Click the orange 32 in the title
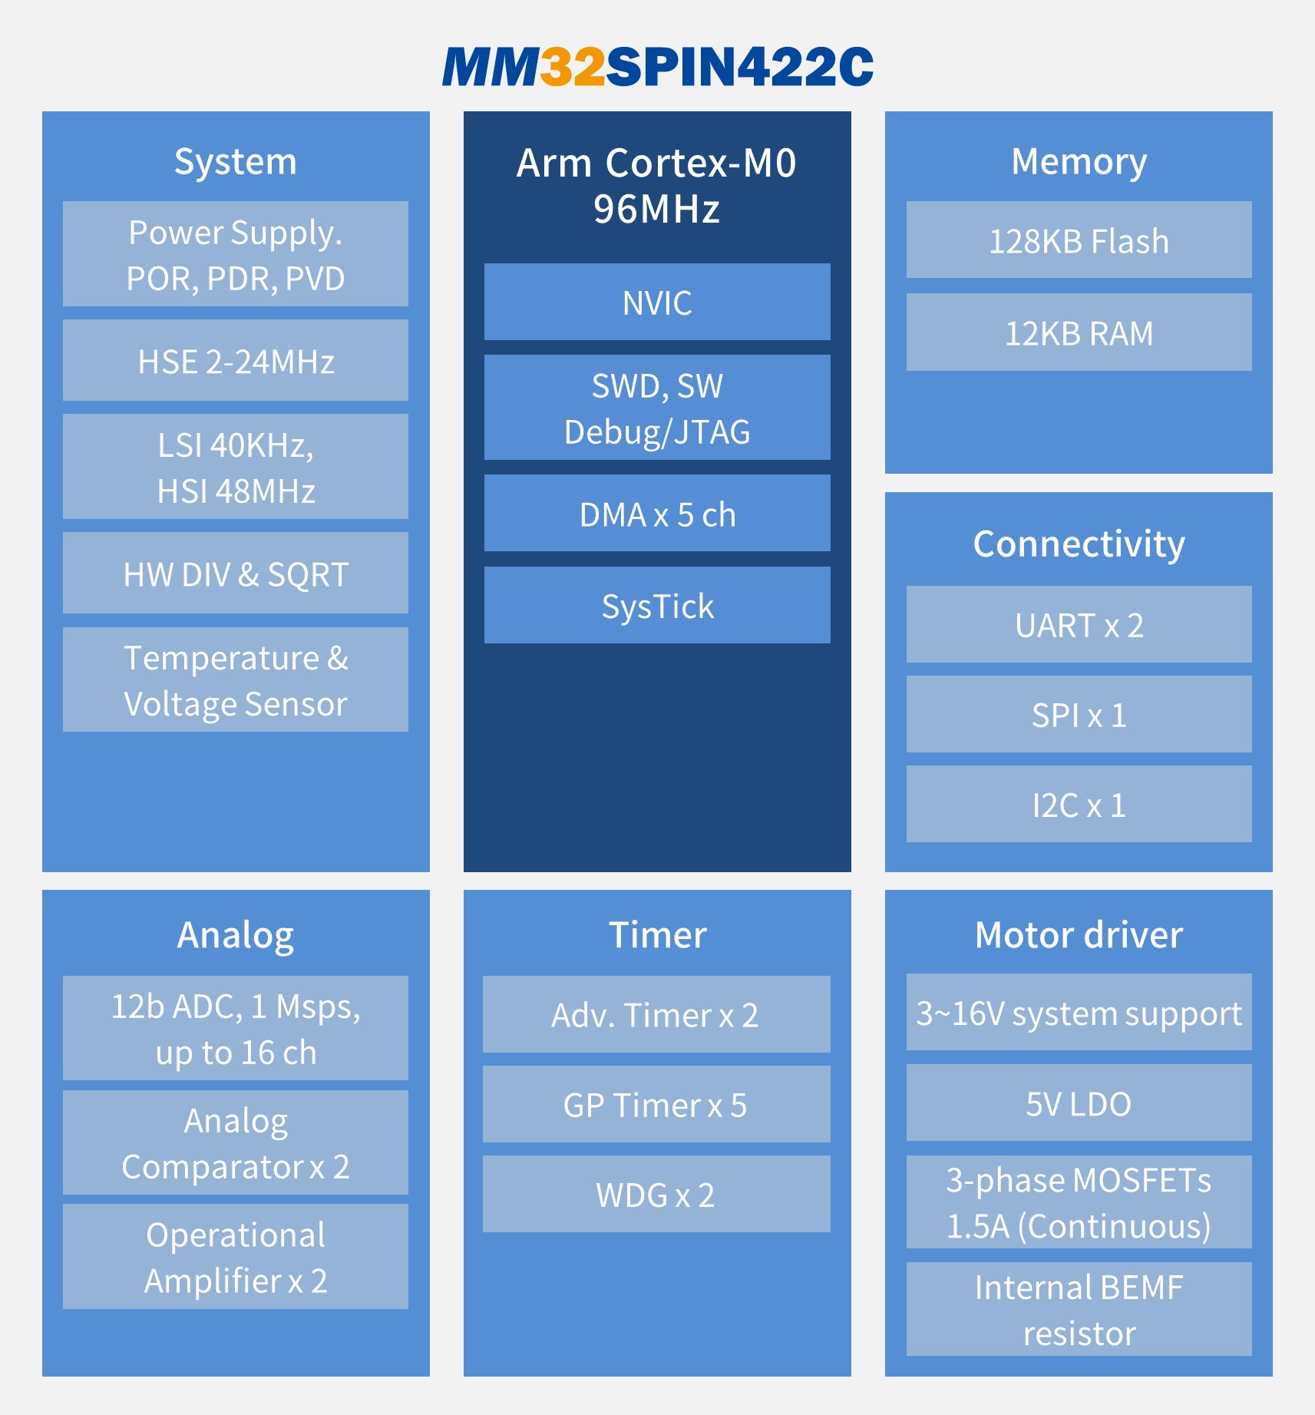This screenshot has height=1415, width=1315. coord(573,66)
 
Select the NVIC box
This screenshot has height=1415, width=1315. coord(657,302)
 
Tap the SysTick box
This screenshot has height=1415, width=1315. coord(657,605)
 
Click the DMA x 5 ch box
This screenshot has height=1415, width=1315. coord(657,513)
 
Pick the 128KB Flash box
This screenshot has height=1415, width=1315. coord(1079,240)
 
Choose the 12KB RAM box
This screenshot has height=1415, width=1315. coord(1079,332)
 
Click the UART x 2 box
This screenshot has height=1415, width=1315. coord(1079,624)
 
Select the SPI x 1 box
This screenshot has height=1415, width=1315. coord(1079,714)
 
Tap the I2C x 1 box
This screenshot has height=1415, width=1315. coord(1079,804)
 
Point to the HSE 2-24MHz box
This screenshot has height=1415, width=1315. coord(236,360)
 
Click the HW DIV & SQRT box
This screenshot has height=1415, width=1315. coord(236,573)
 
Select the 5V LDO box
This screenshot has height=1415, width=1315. coord(1079,1103)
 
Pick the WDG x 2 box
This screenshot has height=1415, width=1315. coord(656,1194)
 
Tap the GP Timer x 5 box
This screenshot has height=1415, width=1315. coord(656,1104)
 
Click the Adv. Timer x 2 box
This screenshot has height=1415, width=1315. coord(656,1014)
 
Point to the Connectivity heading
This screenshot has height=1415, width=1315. coord(1079,544)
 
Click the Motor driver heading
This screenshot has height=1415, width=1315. coord(1079,934)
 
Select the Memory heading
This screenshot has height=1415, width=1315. coord(1079,162)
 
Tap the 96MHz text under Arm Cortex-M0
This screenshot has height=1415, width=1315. coord(657,208)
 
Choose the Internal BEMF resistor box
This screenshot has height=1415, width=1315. coord(1079,1309)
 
